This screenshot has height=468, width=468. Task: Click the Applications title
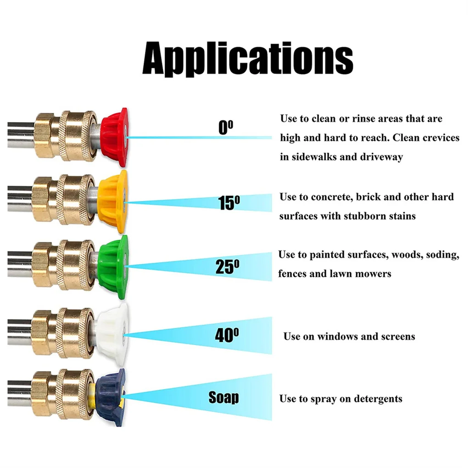coord(248,58)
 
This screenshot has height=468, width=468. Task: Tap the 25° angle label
coord(227,267)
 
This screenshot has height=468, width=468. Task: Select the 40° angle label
coord(227,335)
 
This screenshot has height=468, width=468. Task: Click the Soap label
coord(224,397)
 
